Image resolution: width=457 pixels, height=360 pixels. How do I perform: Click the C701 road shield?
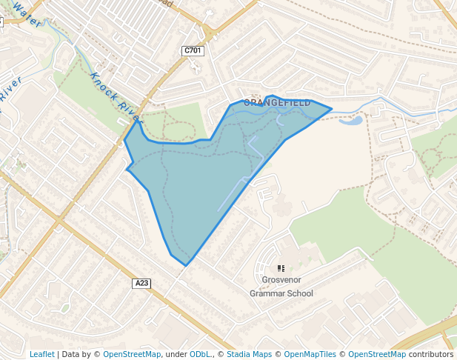[192, 50]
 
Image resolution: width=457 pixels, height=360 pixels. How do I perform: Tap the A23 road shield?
[142, 283]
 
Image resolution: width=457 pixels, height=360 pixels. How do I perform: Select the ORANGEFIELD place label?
[277, 103]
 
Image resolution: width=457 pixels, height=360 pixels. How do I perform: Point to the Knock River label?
[114, 97]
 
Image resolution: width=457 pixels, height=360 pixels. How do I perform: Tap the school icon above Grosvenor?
[281, 268]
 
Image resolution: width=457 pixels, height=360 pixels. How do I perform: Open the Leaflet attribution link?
[42, 354]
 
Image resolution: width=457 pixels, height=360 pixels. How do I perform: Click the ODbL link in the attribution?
[200, 354]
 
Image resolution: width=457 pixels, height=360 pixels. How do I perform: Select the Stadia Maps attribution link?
[249, 354]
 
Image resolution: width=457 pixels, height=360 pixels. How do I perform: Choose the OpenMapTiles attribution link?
[310, 354]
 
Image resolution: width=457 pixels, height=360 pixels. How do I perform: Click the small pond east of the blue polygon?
[354, 120]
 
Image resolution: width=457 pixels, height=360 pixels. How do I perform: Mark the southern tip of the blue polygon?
[186, 264]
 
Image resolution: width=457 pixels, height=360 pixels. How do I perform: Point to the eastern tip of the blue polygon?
[330, 109]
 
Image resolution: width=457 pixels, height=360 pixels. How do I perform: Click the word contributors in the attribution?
[431, 354]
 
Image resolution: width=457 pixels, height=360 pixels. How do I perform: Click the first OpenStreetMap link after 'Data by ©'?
[132, 354]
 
